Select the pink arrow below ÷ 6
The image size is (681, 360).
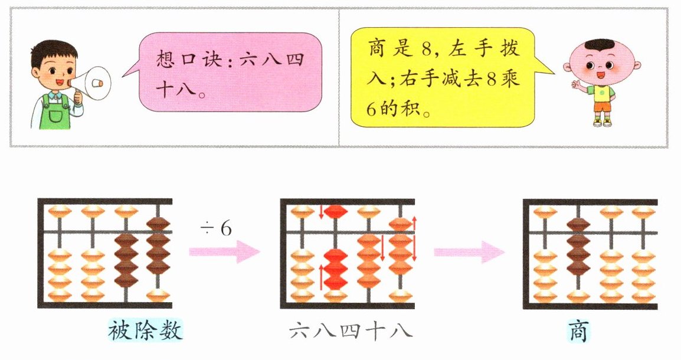tap(224, 253)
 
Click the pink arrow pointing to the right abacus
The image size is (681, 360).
tap(469, 253)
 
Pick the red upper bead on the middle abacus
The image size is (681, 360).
tap(335, 211)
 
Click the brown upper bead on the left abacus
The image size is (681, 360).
tap(158, 224)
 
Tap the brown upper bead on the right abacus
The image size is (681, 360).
tap(578, 225)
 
